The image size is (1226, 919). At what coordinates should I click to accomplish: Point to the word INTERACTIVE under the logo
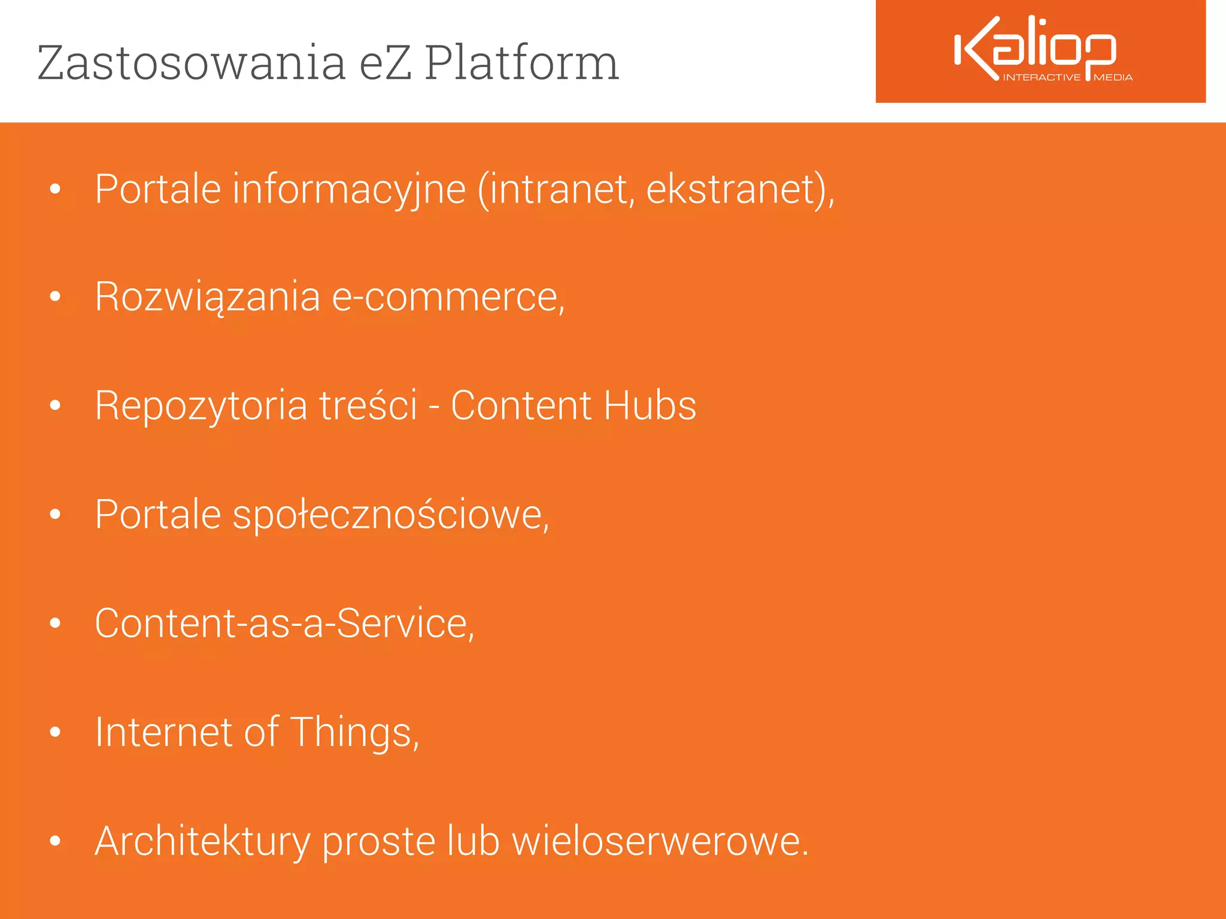pyautogui.click(x=1042, y=77)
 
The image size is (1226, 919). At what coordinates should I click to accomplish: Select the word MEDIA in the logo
pyautogui.click(x=1113, y=77)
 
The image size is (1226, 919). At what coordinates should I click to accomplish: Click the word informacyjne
pyautogui.click(x=349, y=190)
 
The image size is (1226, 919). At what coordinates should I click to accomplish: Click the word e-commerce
pyautogui.click(x=445, y=297)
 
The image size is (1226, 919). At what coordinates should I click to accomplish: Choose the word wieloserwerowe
pyautogui.click(x=658, y=841)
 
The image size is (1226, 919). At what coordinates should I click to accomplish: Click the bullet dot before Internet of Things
pyautogui.click(x=56, y=732)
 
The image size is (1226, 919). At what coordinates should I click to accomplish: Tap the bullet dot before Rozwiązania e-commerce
pyautogui.click(x=56, y=297)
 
